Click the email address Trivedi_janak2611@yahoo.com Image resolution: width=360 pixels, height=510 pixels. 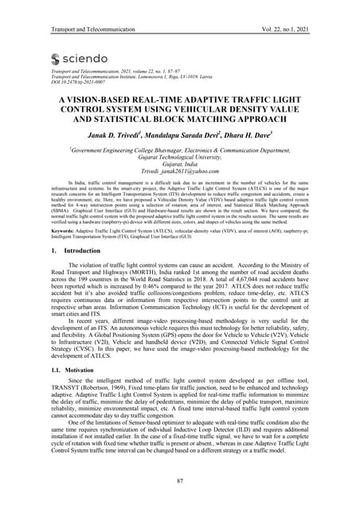pyautogui.click(x=179, y=170)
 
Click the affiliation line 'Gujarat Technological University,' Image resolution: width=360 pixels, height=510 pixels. pyautogui.click(x=180, y=155)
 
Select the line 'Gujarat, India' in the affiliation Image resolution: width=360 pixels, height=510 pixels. pyautogui.click(x=180, y=163)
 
